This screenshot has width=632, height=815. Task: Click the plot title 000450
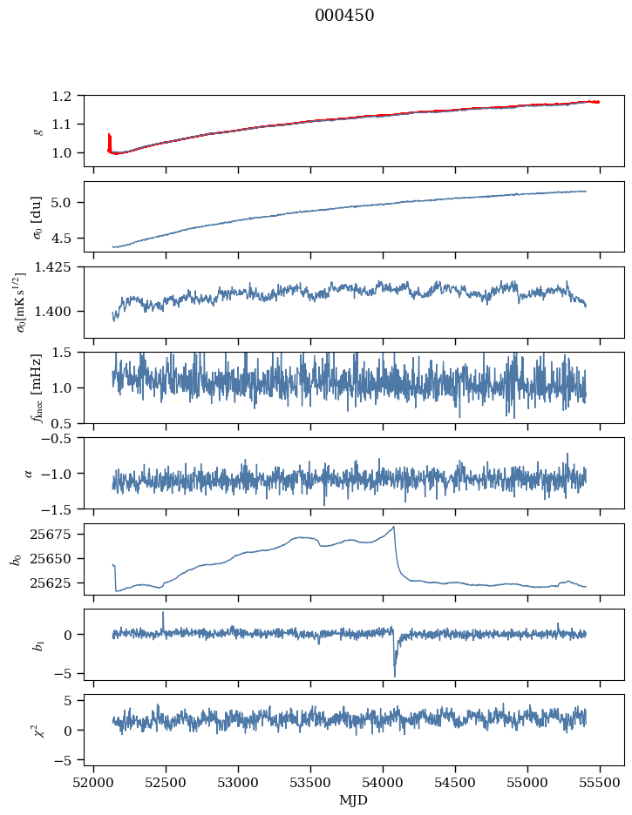click(344, 16)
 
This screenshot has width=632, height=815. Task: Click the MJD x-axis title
click(354, 799)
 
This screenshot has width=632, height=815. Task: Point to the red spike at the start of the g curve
click(109, 139)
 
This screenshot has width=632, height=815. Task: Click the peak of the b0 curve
click(394, 527)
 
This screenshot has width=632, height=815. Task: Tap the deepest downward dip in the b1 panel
click(394, 675)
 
